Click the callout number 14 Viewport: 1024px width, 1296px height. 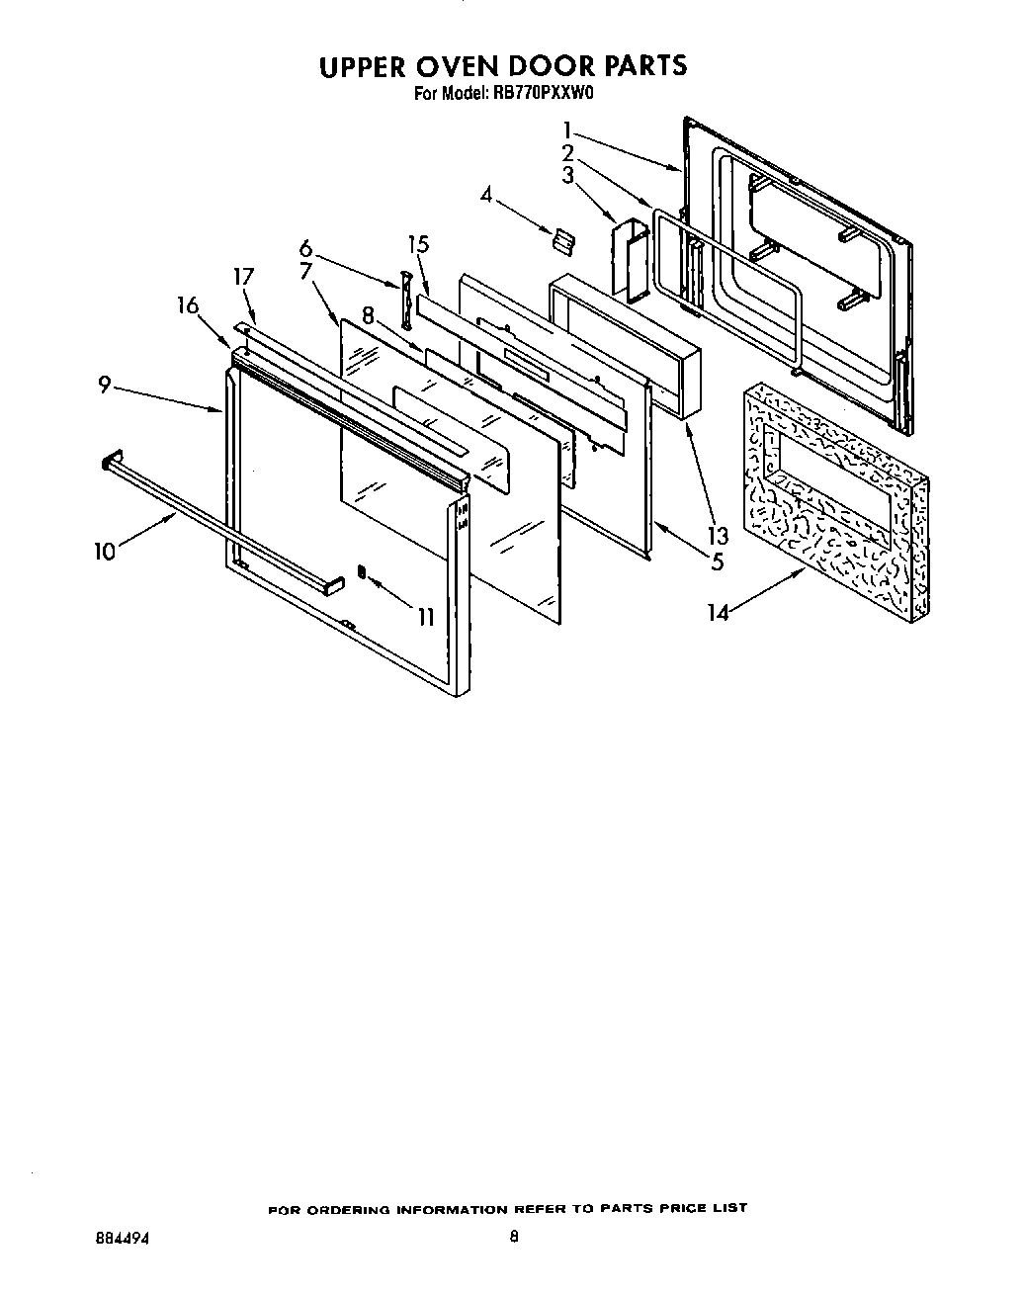click(718, 613)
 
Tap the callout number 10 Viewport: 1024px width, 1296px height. click(105, 552)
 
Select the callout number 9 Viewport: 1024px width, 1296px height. click(105, 387)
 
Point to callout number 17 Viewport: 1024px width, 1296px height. click(244, 279)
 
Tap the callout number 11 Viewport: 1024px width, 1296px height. click(426, 618)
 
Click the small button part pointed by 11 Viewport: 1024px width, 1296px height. click(361, 571)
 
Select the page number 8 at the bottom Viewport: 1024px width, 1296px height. click(514, 1236)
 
